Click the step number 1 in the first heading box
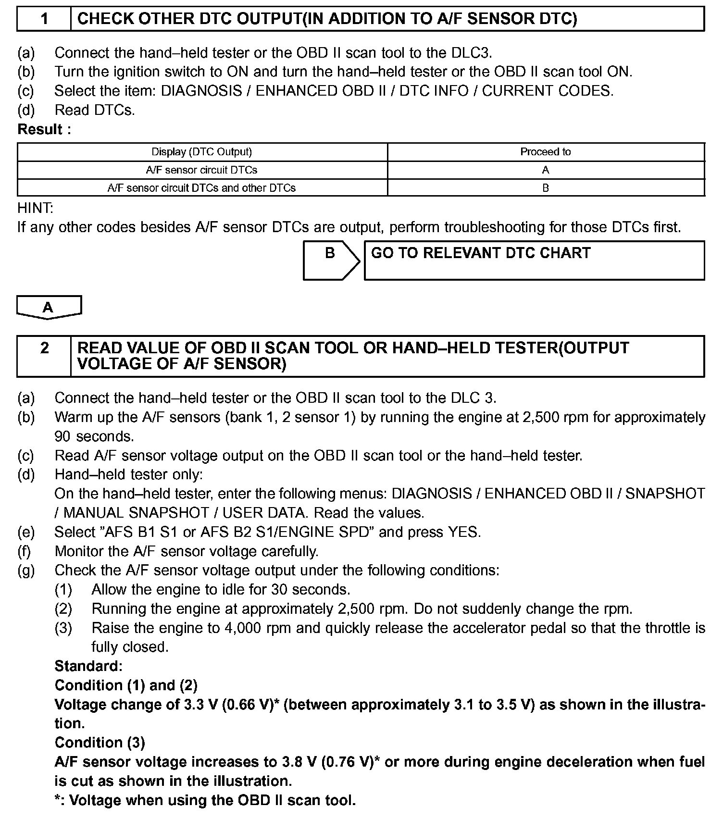(x=44, y=19)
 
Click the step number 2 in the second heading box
(x=44, y=348)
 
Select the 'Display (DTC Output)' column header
(x=202, y=152)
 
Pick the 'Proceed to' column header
(x=546, y=152)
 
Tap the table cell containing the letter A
(x=546, y=170)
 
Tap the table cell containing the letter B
(x=546, y=188)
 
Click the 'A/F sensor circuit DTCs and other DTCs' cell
(x=202, y=188)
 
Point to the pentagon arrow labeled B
(x=331, y=260)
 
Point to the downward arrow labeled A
(x=49, y=307)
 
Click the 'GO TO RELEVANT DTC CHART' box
(x=534, y=260)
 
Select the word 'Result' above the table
(x=40, y=129)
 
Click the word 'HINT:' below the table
(x=36, y=208)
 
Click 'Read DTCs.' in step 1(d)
(x=95, y=110)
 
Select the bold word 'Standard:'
(x=88, y=666)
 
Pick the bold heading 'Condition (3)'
(x=100, y=743)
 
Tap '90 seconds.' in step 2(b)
(x=94, y=436)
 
